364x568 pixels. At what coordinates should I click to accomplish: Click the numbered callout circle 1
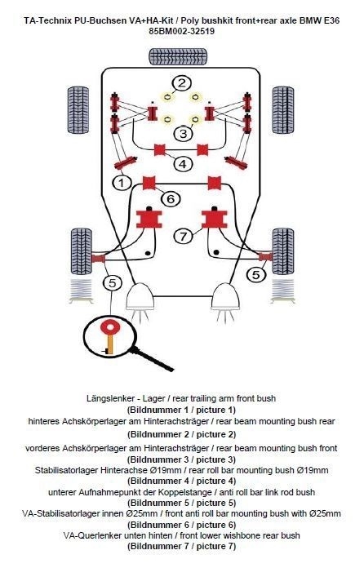122,183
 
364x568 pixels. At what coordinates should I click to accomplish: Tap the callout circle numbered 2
181,83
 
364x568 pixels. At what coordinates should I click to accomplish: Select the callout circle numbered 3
184,133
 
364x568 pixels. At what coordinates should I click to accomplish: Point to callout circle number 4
183,164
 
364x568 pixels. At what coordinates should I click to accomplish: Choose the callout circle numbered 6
171,198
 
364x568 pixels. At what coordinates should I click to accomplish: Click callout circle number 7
184,236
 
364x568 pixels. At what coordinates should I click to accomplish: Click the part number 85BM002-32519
181,31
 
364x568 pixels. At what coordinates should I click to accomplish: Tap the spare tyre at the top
178,56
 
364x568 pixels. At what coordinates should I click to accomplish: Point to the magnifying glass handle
152,359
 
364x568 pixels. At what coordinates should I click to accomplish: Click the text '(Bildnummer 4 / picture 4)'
181,481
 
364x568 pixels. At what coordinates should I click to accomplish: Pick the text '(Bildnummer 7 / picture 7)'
181,546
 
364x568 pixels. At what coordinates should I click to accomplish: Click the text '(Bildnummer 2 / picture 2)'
181,434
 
